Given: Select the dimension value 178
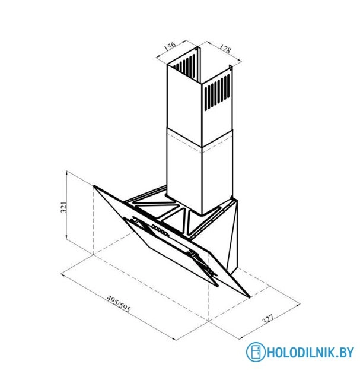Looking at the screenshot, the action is pyautogui.click(x=225, y=49).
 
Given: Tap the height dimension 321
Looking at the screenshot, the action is pyautogui.click(x=63, y=207).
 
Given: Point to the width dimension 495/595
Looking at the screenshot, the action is pyautogui.click(x=119, y=304).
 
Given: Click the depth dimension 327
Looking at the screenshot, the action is pyautogui.click(x=267, y=319).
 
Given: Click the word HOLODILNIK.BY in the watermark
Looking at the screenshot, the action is pyautogui.click(x=310, y=352).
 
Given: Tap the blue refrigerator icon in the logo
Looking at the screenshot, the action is pyautogui.click(x=256, y=352).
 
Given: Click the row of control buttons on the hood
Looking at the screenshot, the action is pyautogui.click(x=160, y=230).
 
